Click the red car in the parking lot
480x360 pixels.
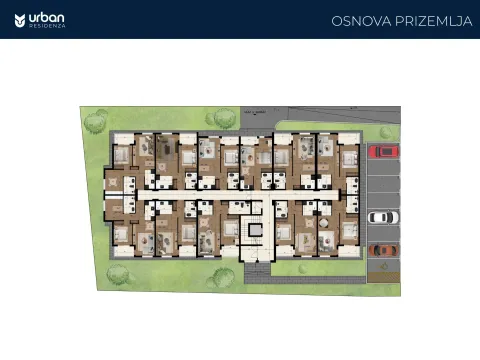click(x=383, y=152)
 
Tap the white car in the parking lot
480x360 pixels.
click(x=383, y=216)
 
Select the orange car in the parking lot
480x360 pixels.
click(x=383, y=249)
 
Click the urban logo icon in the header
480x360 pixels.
click(x=20, y=19)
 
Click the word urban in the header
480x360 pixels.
click(x=47, y=16)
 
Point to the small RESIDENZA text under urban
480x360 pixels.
click(x=47, y=26)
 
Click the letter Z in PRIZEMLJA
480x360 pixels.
click(x=423, y=21)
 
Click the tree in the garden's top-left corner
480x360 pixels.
click(x=95, y=122)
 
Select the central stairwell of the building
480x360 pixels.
click(x=255, y=226)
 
